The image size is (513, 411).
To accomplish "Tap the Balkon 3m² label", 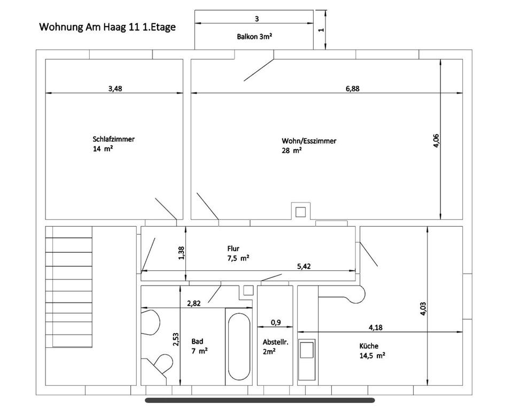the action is [x=254, y=36].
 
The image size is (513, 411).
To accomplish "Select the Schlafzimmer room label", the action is [x=113, y=139].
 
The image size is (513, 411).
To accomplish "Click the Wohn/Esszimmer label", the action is [x=309, y=141].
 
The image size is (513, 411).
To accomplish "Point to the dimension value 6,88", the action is [x=353, y=89].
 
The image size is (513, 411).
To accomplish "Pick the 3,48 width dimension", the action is [x=115, y=89].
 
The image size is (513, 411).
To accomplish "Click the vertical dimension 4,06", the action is [x=436, y=141].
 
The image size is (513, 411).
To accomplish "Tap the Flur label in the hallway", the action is [x=234, y=249].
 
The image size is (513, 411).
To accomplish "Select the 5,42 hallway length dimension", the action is [x=304, y=266].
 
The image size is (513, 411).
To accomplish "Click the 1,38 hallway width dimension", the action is [x=182, y=253].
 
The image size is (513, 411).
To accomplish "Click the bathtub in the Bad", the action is [x=239, y=347].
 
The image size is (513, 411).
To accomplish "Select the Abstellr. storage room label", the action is [x=276, y=342].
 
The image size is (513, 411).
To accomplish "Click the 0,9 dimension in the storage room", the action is [x=276, y=323].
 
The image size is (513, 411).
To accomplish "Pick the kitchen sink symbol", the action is [x=307, y=360].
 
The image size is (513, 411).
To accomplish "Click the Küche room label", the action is [x=369, y=346].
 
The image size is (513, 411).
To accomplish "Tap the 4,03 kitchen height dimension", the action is [x=423, y=308].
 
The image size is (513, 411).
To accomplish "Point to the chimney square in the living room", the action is [x=301, y=212].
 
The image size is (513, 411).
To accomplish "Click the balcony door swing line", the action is [x=259, y=70].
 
